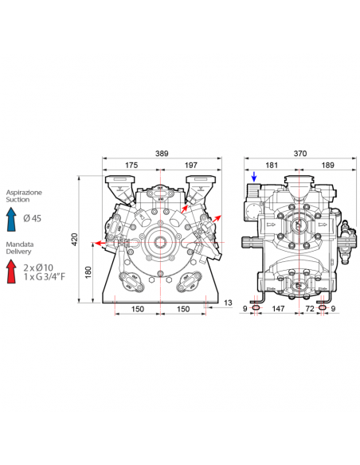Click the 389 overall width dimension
point(162,154)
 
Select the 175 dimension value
point(131,165)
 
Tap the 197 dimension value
point(191,165)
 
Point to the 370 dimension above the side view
point(300,154)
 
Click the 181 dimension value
point(272,165)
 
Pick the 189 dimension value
point(327,165)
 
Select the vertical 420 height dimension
point(75,240)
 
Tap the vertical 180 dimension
point(88,272)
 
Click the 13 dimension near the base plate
point(228,303)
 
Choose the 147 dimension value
point(278,309)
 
